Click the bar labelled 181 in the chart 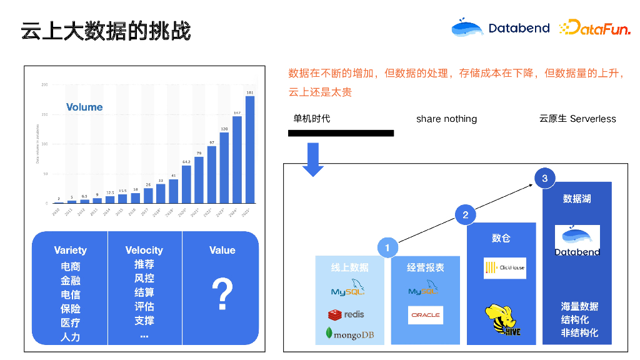coord(250,150)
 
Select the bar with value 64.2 coord(186,184)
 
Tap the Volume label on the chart coord(84,107)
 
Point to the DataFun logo coord(594,27)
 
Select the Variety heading coord(70,250)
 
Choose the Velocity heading coord(144,250)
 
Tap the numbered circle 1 coord(387,247)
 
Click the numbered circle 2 coord(466,215)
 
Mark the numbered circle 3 coord(545,179)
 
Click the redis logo coord(346,314)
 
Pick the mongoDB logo coord(350,334)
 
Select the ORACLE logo coord(426,315)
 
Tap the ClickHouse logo coord(505,267)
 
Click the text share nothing coord(446,119)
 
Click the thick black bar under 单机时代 coord(341,133)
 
